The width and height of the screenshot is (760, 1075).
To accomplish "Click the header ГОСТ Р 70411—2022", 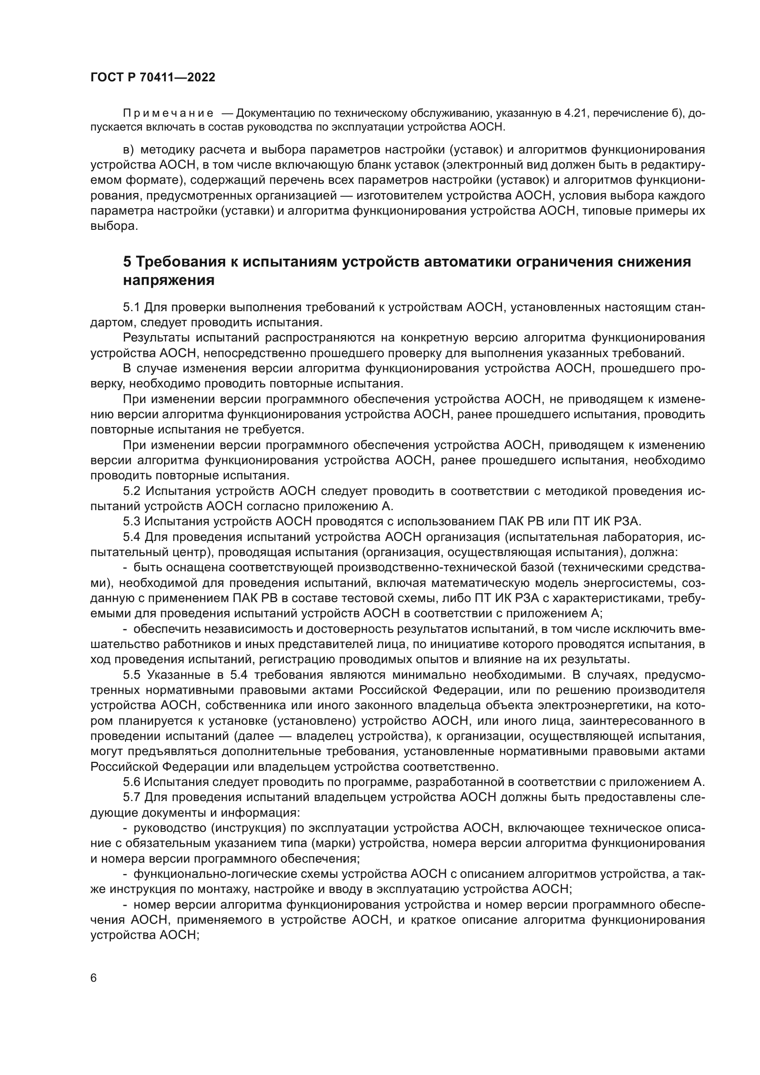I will coord(153,78).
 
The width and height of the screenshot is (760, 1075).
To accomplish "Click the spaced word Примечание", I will coord(168,114).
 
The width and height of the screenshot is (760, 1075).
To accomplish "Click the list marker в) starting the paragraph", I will coord(128,150).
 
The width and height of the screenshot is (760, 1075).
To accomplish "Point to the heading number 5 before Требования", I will coord(127,261).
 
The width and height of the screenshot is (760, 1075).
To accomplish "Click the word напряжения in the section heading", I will coord(169,280).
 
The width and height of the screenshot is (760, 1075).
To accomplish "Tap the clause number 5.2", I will coord(132,491).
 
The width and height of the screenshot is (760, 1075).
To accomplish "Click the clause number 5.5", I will coord(132,675).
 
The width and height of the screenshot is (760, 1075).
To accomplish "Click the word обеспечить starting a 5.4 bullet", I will coord(161,629).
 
